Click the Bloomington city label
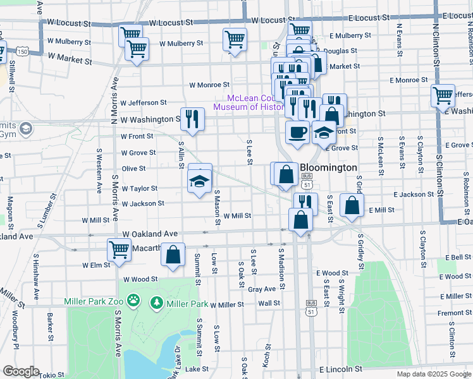click(328, 168)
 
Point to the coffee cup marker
click(297, 133)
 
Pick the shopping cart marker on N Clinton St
click(443, 96)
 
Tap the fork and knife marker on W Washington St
click(192, 118)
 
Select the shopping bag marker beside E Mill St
click(351, 205)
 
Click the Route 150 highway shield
click(23, 50)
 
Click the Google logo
click(21, 371)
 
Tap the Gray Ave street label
click(262, 289)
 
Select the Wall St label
click(269, 303)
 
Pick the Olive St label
click(133, 169)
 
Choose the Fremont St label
click(450, 313)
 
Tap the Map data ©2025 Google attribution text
click(433, 374)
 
